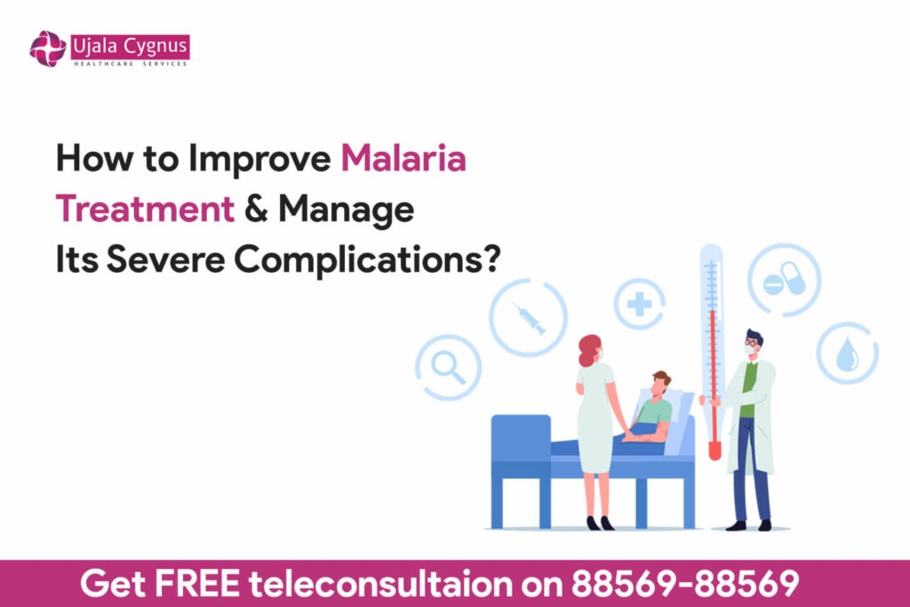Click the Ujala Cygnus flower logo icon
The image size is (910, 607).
[48, 49]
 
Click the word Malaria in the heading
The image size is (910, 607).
[403, 158]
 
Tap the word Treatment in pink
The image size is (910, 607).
[145, 209]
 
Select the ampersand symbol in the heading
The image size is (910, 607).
[256, 209]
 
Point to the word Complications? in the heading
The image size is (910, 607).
[367, 260]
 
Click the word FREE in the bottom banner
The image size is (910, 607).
[196, 583]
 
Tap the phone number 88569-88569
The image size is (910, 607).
[685, 583]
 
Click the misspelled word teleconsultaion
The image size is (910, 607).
[380, 583]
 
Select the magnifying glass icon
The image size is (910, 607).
[448, 367]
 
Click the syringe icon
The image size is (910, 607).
[528, 318]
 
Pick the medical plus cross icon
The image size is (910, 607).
[639, 304]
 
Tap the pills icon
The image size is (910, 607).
[785, 279]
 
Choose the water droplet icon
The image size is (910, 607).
[847, 354]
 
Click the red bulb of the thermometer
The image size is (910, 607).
[714, 451]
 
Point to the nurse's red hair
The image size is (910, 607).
[588, 349]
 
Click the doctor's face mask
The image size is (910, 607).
[750, 350]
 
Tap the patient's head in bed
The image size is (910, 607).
[660, 383]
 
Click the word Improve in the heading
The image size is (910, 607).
[259, 158]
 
